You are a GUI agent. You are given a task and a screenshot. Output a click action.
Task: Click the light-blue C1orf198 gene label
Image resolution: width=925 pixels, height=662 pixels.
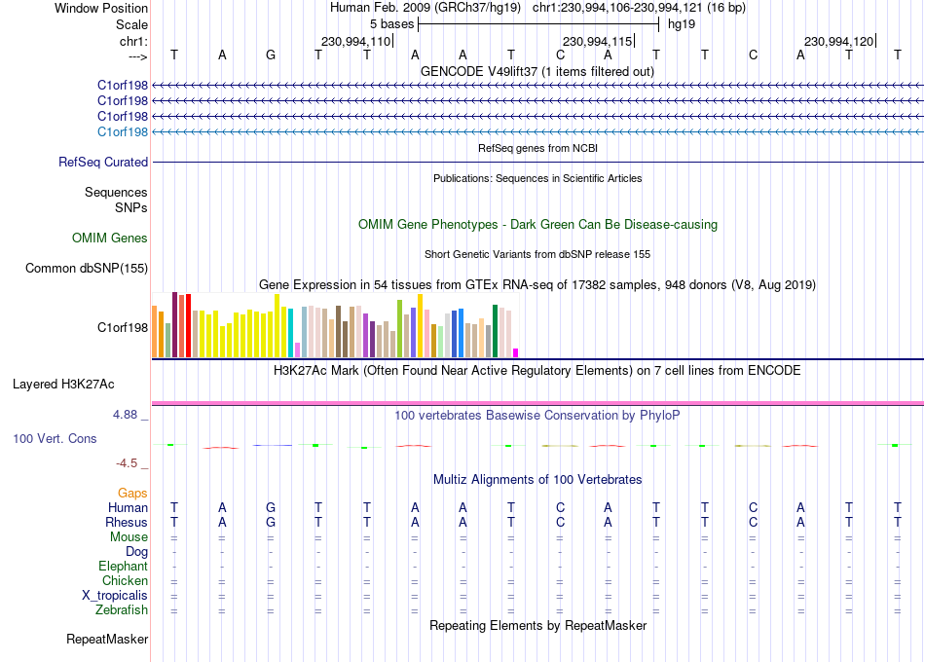pyautogui.click(x=123, y=131)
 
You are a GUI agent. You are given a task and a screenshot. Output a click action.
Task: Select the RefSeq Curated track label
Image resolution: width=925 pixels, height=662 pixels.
pyautogui.click(x=103, y=162)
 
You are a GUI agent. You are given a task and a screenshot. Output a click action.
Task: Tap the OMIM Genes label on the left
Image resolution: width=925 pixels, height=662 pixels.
pyautogui.click(x=110, y=238)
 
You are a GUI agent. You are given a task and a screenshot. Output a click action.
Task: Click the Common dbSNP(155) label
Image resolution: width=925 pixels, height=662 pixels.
pyautogui.click(x=87, y=268)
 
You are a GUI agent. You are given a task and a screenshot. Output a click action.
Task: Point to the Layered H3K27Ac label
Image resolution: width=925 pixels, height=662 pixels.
pyautogui.click(x=63, y=385)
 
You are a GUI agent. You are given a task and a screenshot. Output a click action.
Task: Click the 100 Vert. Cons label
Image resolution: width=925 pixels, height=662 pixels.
pyautogui.click(x=55, y=438)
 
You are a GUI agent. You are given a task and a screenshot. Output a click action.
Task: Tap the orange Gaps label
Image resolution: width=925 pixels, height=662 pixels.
pyautogui.click(x=132, y=493)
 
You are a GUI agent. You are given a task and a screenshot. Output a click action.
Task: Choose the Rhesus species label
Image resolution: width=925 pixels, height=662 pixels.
pyautogui.click(x=127, y=522)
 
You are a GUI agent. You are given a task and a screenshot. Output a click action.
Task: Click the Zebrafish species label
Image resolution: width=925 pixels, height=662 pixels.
pyautogui.click(x=122, y=609)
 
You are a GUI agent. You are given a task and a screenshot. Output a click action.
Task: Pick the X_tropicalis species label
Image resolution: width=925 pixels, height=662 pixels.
pyautogui.click(x=115, y=595)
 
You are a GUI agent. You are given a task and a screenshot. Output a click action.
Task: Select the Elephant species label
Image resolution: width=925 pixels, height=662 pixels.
pyautogui.click(x=124, y=566)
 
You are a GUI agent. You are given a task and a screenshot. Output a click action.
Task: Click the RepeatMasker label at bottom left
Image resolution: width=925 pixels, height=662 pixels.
pyautogui.click(x=107, y=639)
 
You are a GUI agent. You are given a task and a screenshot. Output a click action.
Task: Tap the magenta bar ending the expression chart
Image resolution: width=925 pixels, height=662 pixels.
pyautogui.click(x=516, y=352)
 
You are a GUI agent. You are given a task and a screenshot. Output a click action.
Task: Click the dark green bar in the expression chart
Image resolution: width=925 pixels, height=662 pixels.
pyautogui.click(x=496, y=331)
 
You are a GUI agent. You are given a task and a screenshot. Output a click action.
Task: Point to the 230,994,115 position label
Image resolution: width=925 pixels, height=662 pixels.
pyautogui.click(x=597, y=41)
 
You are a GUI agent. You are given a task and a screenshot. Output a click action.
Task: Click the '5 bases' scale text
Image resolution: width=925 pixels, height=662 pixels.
pyautogui.click(x=391, y=24)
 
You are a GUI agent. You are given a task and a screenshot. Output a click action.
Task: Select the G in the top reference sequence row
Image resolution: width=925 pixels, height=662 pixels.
pyautogui.click(x=270, y=55)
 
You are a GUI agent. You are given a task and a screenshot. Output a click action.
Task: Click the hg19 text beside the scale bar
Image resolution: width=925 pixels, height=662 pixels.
pyautogui.click(x=682, y=24)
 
